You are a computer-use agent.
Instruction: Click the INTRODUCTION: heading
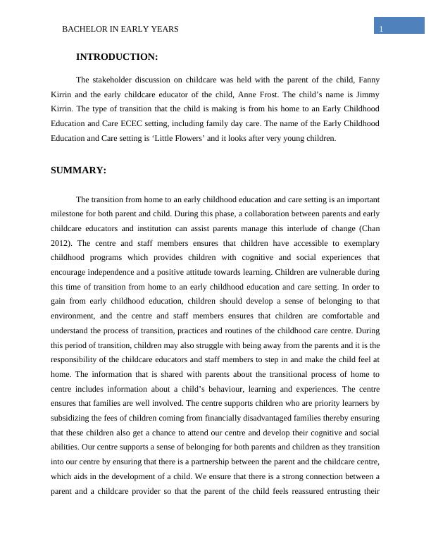[x=116, y=57]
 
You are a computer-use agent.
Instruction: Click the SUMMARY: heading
[x=78, y=170]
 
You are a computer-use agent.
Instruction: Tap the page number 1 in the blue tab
[x=380, y=29]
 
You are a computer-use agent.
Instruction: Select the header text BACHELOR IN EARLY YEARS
[x=120, y=29]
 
